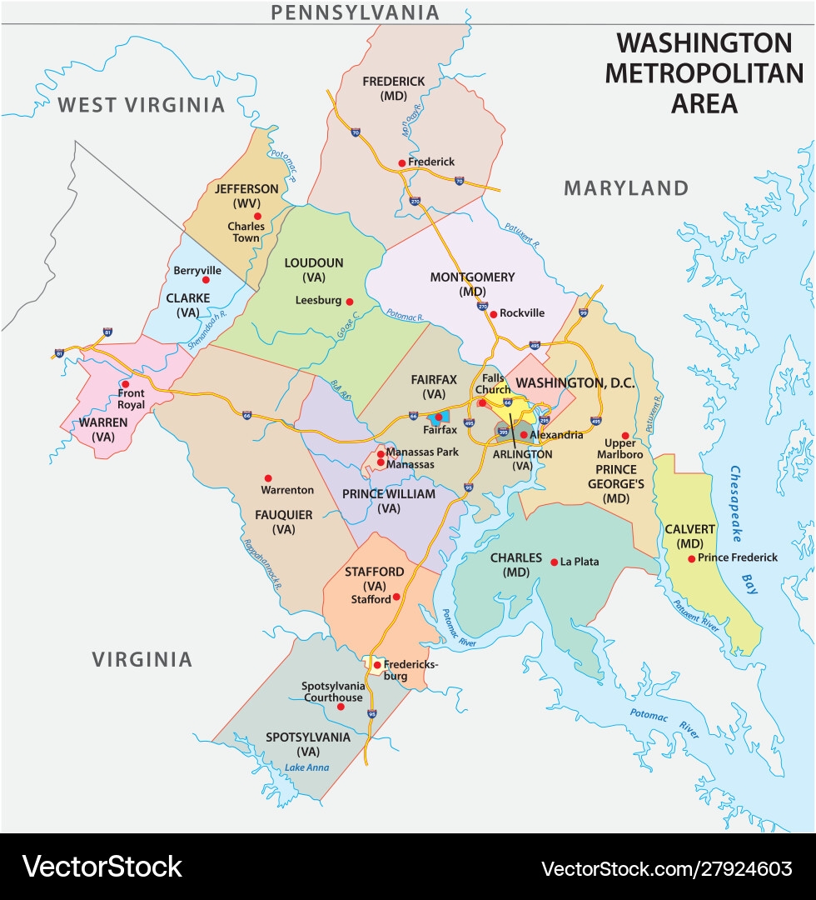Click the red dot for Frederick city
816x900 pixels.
click(x=401, y=162)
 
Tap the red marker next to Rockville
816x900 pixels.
click(x=493, y=314)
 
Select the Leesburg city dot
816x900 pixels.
click(x=350, y=302)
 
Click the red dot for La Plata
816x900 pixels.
click(x=554, y=562)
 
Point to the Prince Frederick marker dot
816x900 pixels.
click(x=691, y=558)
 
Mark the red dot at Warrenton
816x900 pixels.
click(x=268, y=478)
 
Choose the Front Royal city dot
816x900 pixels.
click(x=126, y=384)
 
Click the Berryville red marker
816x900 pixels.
click(x=206, y=280)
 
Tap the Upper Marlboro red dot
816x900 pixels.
click(x=625, y=435)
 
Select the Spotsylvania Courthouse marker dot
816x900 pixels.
click(x=340, y=707)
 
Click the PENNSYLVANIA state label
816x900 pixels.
click(x=356, y=12)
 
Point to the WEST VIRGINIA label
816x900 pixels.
click(x=142, y=105)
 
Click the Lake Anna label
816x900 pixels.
click(x=306, y=767)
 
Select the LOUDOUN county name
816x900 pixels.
click(x=313, y=262)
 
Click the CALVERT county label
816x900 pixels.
click(x=689, y=529)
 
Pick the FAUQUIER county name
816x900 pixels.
click(x=284, y=515)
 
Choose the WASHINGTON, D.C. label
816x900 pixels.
click(x=575, y=383)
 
